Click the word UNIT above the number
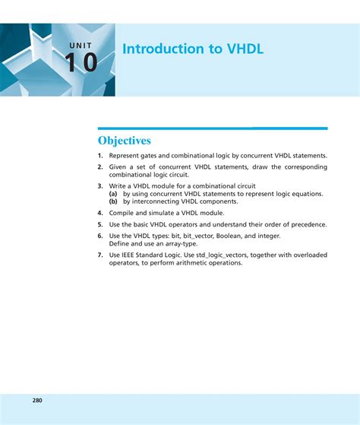click(x=80, y=46)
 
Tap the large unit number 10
click(x=81, y=62)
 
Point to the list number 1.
click(x=99, y=155)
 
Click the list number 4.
click(x=99, y=213)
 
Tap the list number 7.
click(x=99, y=255)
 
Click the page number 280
click(x=37, y=400)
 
